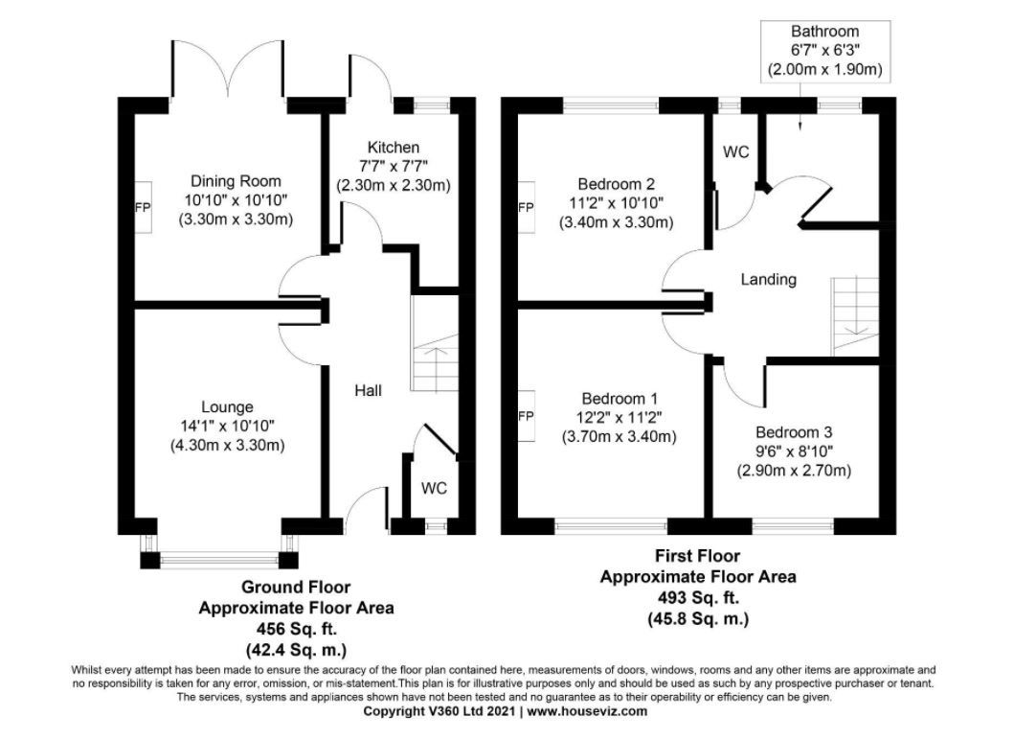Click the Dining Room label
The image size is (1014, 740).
point(236,180)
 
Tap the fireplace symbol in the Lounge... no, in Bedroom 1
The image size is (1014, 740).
point(527,416)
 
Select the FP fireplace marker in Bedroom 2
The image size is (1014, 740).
point(527,207)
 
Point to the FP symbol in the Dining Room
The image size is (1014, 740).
point(143,207)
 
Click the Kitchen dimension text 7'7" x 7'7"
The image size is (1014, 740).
point(394,167)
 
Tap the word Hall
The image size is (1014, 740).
point(368,390)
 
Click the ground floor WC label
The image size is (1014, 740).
point(434,488)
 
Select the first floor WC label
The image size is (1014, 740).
point(736,152)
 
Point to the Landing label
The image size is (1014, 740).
point(768,280)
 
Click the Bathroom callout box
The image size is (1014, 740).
point(825,51)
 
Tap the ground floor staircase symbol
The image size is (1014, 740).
point(434,344)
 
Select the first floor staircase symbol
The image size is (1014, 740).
point(855,316)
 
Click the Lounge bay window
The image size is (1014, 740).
point(219,553)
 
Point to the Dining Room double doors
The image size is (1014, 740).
point(227,69)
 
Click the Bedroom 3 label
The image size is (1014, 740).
point(794,432)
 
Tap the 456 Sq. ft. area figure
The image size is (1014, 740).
point(296,629)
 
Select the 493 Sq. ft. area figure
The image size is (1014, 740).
point(698,597)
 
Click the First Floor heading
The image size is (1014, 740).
point(698,556)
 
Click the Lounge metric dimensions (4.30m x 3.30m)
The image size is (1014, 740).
point(228,446)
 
